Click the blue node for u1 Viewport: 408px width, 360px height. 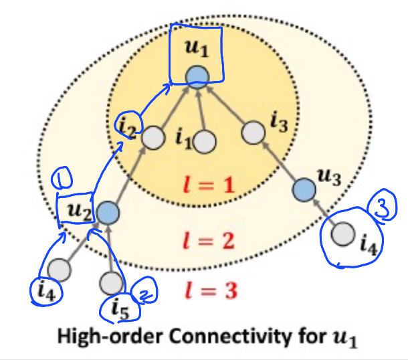pos(195,76)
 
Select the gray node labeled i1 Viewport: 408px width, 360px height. pos(204,142)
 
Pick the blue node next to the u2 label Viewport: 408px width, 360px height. pos(107,213)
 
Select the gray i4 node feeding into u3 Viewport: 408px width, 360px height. pos(344,234)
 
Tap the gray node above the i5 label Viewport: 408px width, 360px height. pos(111,283)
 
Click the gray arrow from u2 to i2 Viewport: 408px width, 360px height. pos(130,175)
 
